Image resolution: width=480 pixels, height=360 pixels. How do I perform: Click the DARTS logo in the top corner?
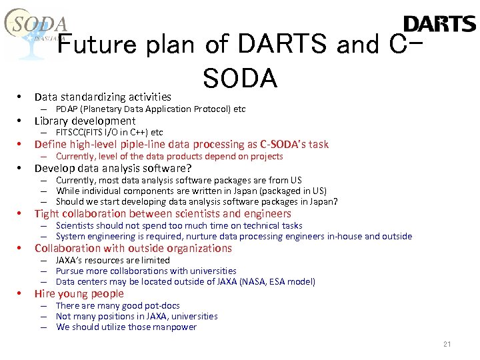click(x=439, y=24)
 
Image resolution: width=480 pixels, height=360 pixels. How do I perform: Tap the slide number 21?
click(x=447, y=344)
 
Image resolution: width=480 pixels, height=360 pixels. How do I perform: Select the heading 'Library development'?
click(x=85, y=121)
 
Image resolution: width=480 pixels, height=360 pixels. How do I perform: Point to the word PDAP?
click(x=67, y=109)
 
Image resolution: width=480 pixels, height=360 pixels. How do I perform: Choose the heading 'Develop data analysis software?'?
click(x=113, y=168)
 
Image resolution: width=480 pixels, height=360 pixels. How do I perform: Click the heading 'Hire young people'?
click(x=79, y=293)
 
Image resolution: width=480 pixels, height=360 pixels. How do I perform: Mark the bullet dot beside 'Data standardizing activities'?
click(x=21, y=97)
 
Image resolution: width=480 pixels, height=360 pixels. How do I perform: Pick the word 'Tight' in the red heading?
click(x=47, y=213)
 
